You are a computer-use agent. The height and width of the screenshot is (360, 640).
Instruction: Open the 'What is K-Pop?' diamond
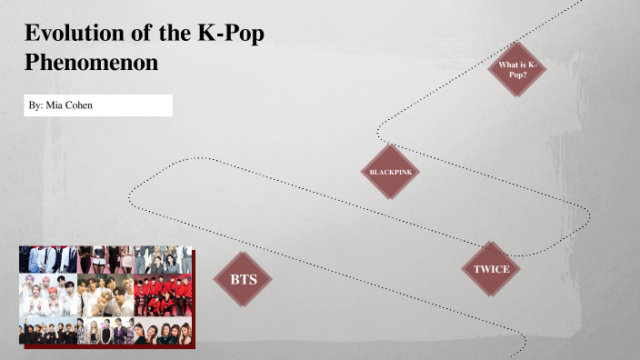click(517, 69)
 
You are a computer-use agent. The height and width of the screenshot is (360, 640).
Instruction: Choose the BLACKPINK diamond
click(391, 171)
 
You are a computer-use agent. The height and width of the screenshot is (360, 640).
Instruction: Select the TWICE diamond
click(491, 269)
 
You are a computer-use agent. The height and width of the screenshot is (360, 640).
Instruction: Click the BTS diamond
click(243, 278)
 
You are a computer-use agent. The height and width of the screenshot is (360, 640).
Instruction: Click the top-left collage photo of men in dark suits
click(47, 259)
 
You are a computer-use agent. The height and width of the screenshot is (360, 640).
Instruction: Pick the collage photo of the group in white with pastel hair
click(47, 295)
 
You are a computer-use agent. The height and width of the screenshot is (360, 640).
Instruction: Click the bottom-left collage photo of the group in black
click(47, 330)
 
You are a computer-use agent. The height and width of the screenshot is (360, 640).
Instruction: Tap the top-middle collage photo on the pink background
click(105, 259)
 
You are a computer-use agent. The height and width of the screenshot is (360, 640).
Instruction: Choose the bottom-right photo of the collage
click(164, 330)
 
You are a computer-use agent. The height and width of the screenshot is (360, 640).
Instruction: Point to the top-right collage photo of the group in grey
click(164, 259)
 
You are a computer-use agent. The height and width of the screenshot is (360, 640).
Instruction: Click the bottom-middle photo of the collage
click(105, 330)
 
